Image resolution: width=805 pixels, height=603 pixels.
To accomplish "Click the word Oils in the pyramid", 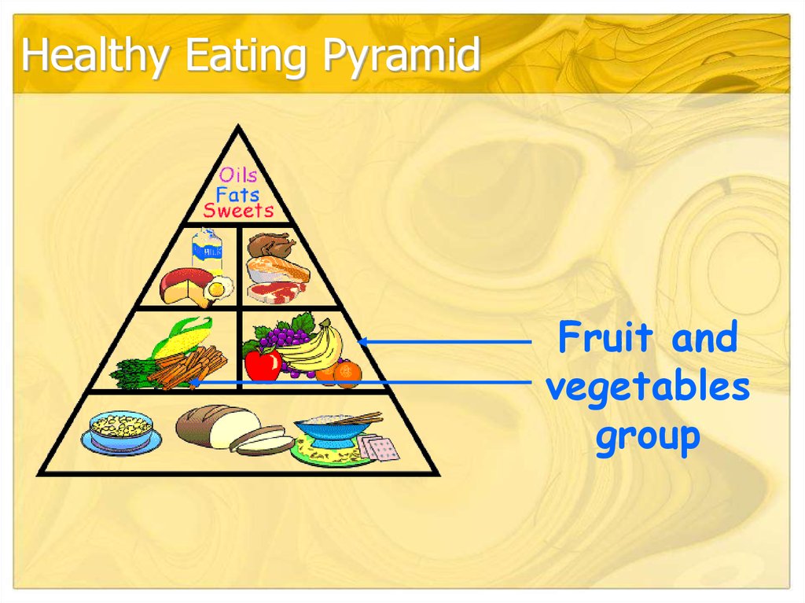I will [238, 175].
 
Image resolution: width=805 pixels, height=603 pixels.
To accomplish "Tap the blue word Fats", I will [237, 193].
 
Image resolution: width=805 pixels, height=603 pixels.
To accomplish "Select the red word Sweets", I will [238, 211].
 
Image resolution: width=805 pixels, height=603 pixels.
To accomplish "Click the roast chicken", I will [270, 246].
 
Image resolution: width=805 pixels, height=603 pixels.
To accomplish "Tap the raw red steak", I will [277, 292].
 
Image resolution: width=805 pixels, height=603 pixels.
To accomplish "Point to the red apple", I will [263, 363].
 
